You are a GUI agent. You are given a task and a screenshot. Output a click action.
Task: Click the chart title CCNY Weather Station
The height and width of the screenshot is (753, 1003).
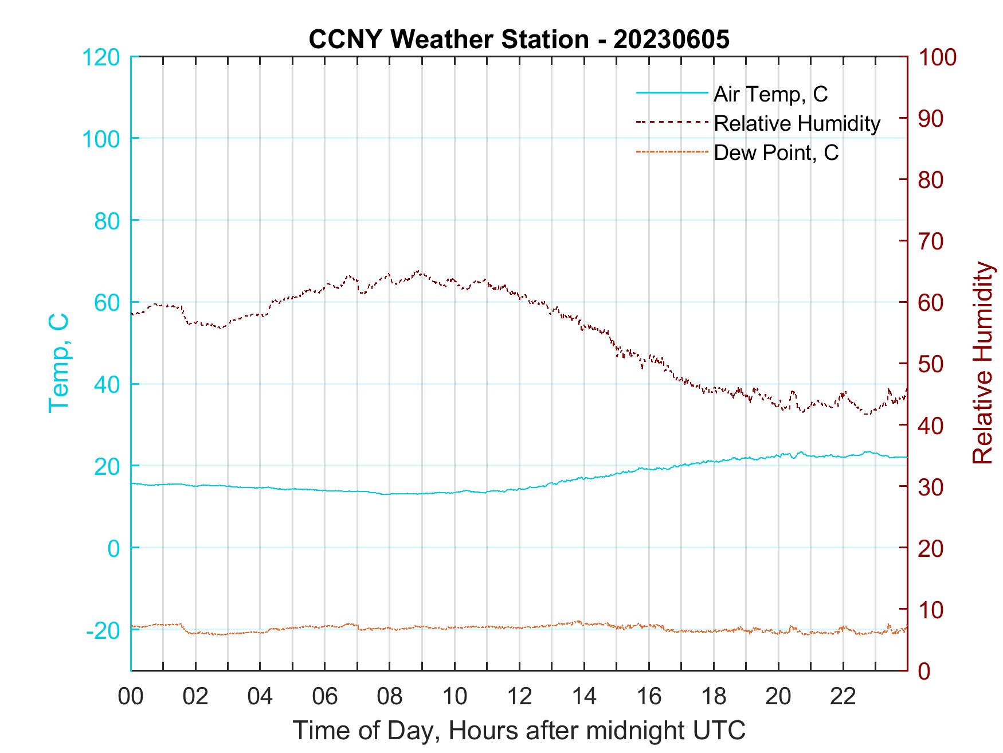(x=519, y=39)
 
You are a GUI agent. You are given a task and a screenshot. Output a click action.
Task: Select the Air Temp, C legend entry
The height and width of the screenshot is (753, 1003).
(x=770, y=93)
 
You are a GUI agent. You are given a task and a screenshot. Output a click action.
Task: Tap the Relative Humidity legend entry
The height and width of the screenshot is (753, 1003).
(x=797, y=123)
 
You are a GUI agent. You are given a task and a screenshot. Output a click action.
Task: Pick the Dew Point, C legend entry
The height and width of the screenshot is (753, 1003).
(x=776, y=153)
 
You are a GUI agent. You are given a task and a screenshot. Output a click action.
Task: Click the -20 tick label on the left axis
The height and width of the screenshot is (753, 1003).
(x=103, y=631)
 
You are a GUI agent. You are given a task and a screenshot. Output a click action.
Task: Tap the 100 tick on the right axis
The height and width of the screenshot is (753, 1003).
(x=938, y=57)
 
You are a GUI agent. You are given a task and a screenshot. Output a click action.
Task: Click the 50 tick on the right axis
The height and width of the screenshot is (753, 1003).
(x=931, y=364)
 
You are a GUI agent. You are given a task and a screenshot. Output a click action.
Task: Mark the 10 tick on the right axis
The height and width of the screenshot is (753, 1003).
(x=931, y=610)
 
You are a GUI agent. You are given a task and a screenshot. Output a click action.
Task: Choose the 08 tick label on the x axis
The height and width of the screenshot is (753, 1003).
(x=390, y=697)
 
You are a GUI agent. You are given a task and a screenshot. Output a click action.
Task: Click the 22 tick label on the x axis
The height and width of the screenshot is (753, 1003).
(x=843, y=697)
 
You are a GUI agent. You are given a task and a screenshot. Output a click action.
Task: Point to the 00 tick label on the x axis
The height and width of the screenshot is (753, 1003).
(x=131, y=697)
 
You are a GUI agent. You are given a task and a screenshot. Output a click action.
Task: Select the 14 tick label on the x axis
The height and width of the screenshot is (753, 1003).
(x=584, y=697)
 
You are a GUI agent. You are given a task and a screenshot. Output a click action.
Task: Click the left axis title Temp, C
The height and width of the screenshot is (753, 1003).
(x=58, y=362)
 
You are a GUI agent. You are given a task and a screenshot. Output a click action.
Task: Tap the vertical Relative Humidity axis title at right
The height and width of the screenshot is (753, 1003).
(x=982, y=362)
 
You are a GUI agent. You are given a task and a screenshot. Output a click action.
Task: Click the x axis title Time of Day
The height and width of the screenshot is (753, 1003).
(x=519, y=731)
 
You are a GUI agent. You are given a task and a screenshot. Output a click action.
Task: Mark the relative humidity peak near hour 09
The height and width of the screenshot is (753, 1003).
(x=417, y=271)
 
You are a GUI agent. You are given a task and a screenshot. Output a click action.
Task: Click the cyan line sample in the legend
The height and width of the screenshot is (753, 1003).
(x=672, y=92)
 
